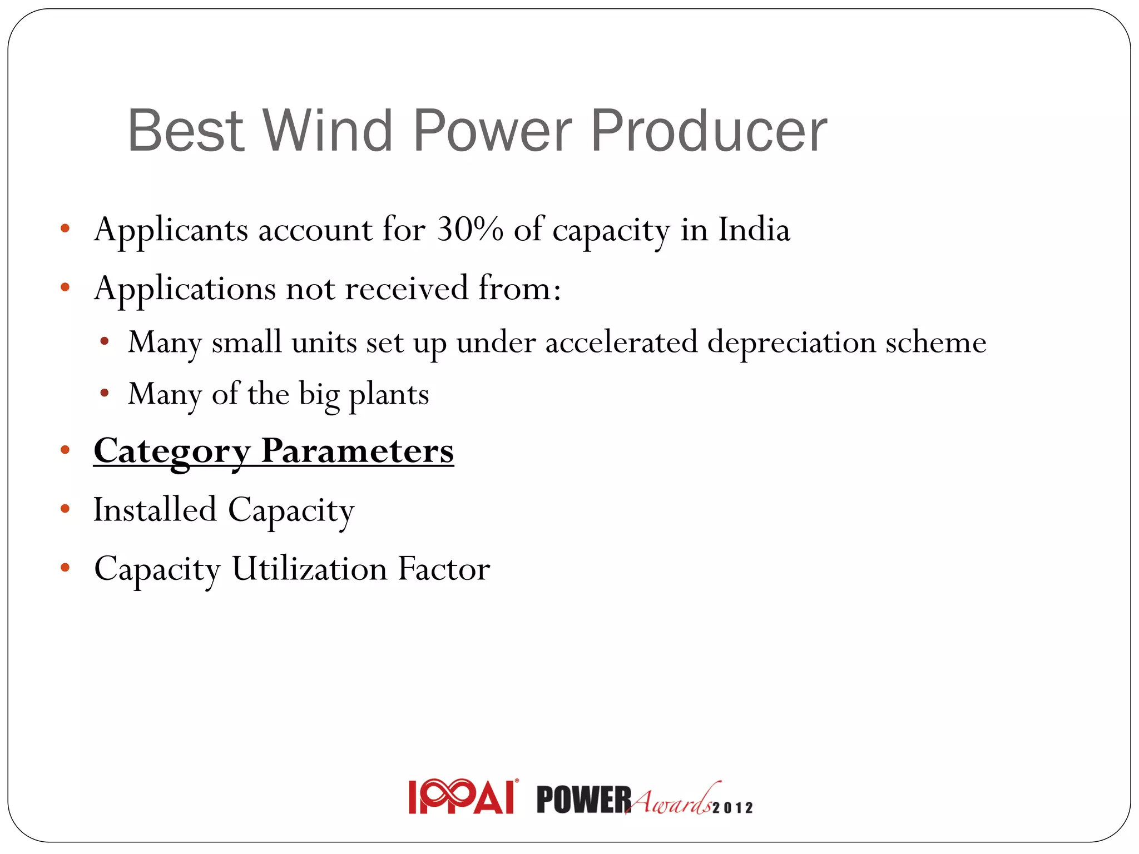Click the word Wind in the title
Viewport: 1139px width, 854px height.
pyautogui.click(x=328, y=131)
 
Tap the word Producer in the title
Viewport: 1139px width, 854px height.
pyautogui.click(x=709, y=131)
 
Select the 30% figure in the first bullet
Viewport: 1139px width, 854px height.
pyautogui.click(x=470, y=229)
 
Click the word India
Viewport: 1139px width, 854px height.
pyautogui.click(x=754, y=229)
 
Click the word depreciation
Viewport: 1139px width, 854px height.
pyautogui.click(x=791, y=342)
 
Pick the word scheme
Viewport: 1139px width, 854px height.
pyautogui.click(x=935, y=342)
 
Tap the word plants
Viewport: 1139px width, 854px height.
pyautogui.click(x=389, y=395)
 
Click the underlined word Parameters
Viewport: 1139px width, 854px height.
pyautogui.click(x=357, y=451)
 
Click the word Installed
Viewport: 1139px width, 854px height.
pyautogui.click(x=155, y=510)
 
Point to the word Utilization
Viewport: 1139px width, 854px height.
pyautogui.click(x=309, y=569)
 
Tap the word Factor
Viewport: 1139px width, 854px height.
pyautogui.click(x=443, y=569)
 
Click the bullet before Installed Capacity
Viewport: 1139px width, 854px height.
pyautogui.click(x=65, y=508)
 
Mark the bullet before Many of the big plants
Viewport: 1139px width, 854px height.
pyautogui.click(x=105, y=394)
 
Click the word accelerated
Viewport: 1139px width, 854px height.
pyautogui.click(x=621, y=342)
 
